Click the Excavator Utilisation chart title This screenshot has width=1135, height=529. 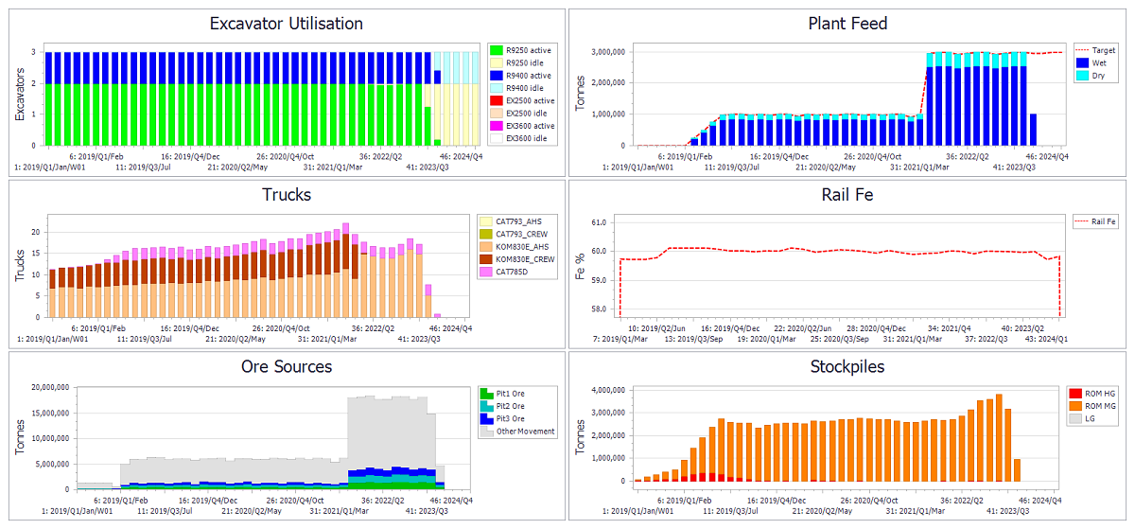pos(286,24)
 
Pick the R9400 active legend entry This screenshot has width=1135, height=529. pos(528,76)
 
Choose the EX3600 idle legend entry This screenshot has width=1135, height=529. pos(526,139)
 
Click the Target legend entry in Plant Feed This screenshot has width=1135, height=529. pos(1103,50)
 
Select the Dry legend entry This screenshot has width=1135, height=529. pos(1099,76)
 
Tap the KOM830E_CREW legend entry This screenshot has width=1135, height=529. pos(521,259)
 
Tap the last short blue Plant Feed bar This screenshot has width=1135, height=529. pos(1032,130)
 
